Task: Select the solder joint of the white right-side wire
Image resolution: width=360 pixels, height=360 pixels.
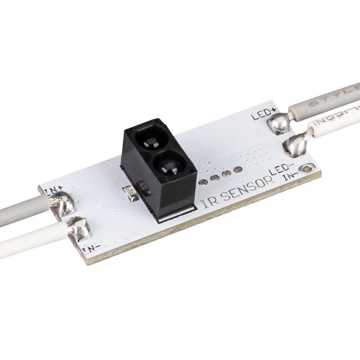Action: pos(294,146)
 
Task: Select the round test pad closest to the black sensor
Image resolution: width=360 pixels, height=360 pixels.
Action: pos(203,182)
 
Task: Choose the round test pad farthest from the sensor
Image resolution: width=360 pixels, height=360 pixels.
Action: pos(237,170)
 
